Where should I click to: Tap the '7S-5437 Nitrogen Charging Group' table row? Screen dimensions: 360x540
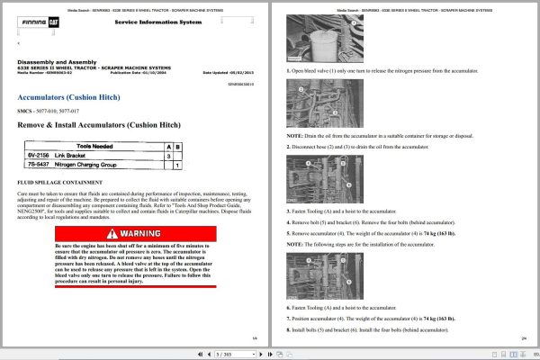(99, 166)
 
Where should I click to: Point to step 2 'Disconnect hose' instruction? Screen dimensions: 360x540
(378, 144)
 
